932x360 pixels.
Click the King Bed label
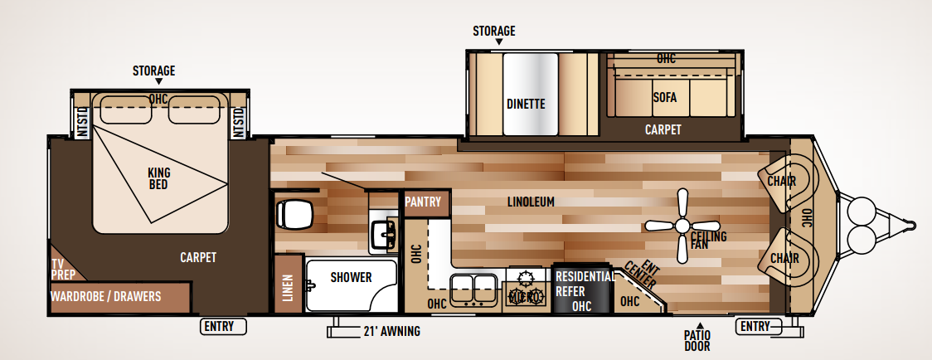pos(158,178)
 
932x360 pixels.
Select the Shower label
pos(351,277)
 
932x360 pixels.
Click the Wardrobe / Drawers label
pos(105,296)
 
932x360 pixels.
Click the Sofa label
pos(664,97)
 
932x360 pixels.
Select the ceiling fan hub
pos(683,225)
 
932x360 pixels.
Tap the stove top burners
pos(527,286)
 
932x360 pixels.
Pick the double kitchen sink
pos(473,287)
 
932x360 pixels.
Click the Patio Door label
pos(697,341)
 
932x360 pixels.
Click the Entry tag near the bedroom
pos(225,326)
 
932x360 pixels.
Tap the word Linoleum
pos(531,202)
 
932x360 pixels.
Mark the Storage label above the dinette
pos(494,31)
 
